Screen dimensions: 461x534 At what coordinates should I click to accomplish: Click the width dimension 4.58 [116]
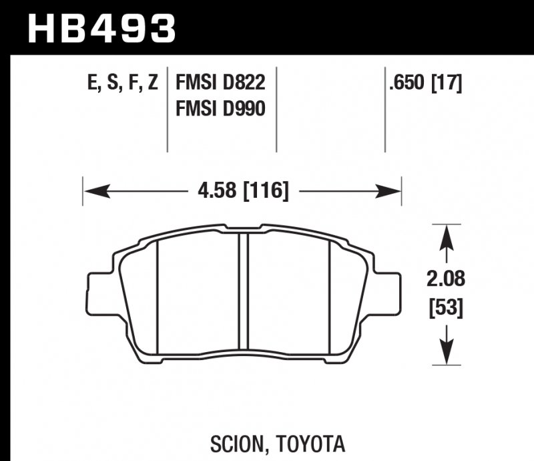click(243, 192)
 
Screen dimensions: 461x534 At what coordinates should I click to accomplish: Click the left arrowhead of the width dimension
click(93, 192)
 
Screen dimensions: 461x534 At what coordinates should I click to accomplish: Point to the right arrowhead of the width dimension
click(390, 192)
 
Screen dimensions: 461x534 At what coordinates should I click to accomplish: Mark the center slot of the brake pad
click(243, 294)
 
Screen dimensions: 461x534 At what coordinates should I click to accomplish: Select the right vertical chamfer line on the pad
click(332, 294)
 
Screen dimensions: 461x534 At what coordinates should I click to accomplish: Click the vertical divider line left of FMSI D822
click(166, 110)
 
